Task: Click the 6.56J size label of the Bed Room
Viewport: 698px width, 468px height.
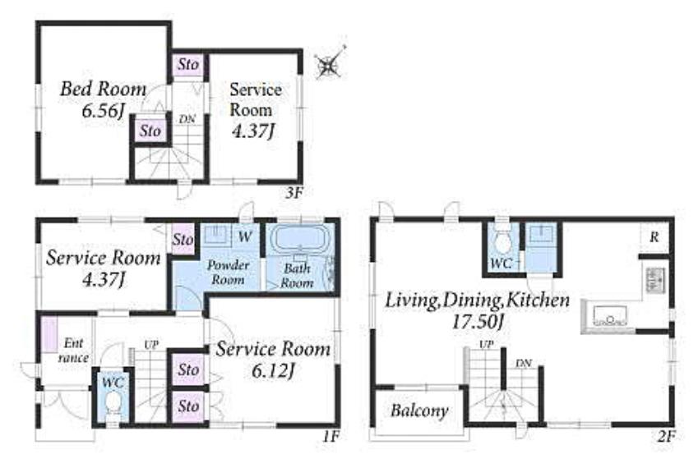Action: point(103,111)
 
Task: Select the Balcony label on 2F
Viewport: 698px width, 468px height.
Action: point(419,411)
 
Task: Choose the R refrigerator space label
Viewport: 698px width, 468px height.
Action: point(654,237)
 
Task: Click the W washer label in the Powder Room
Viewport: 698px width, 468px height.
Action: point(245,236)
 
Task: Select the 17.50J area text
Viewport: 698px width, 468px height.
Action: point(478,322)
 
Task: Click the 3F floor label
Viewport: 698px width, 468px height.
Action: point(294,193)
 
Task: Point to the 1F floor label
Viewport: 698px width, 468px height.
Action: point(331,437)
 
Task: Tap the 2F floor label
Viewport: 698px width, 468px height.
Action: point(667,437)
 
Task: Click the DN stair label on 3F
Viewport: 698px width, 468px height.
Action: point(187,120)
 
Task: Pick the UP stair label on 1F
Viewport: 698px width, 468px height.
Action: point(151,345)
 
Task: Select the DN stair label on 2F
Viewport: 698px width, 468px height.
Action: point(524,364)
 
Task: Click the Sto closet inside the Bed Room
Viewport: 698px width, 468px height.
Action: point(150,131)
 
